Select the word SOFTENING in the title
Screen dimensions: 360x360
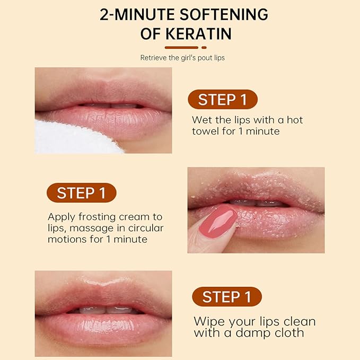(222, 14)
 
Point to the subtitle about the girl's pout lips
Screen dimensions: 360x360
(182, 58)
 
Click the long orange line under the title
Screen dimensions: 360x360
(174, 47)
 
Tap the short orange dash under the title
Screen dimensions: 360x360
(204, 47)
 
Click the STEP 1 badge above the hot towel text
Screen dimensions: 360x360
(223, 99)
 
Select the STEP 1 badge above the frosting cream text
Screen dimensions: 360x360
(81, 193)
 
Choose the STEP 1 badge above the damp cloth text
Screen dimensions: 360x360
(226, 296)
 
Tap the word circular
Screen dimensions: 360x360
(145, 228)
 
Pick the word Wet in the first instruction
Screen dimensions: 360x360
(201, 120)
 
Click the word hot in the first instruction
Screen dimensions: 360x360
(294, 120)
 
